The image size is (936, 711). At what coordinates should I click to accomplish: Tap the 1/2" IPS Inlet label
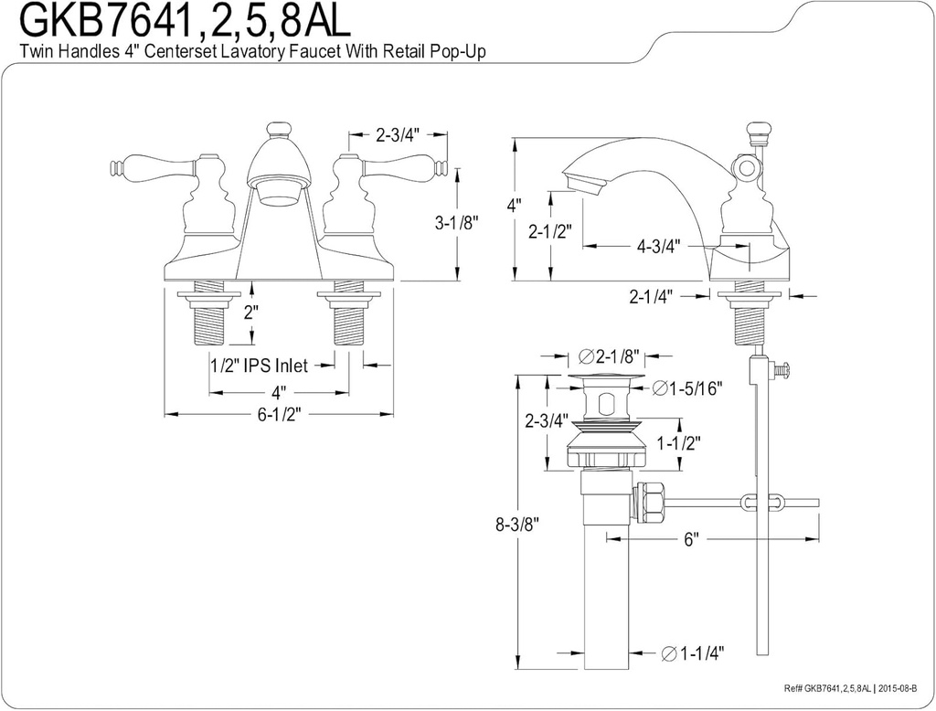click(x=259, y=366)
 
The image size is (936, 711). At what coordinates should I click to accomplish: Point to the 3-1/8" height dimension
click(x=456, y=221)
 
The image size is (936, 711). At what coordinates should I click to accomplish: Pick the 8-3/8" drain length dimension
click(x=517, y=525)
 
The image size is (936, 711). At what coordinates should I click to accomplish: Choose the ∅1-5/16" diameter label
click(x=690, y=388)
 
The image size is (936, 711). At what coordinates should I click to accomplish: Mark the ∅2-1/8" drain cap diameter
click(x=608, y=355)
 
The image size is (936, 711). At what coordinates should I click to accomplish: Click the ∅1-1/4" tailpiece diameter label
click(x=691, y=653)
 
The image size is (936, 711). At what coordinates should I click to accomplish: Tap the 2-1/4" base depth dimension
click(x=653, y=296)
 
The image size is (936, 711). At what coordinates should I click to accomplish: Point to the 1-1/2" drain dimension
click(x=678, y=443)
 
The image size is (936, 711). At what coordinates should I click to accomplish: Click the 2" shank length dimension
click(x=250, y=311)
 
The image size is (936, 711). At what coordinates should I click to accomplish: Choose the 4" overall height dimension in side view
click(x=515, y=206)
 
